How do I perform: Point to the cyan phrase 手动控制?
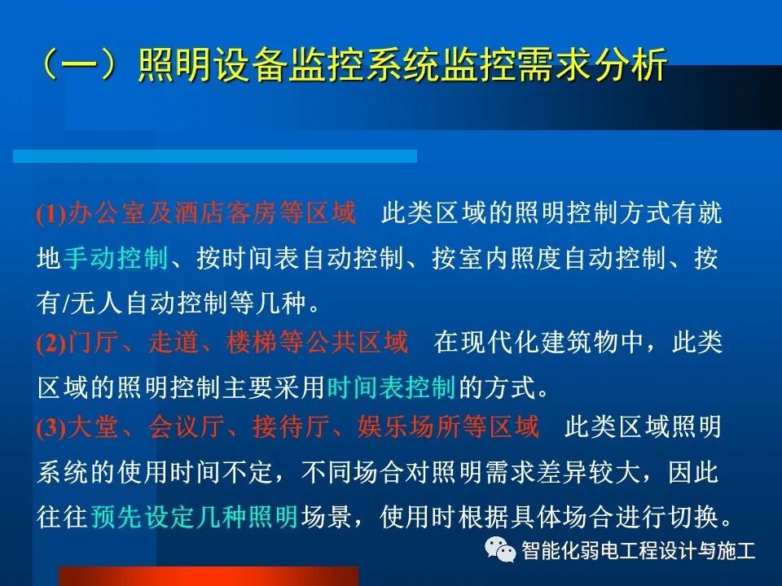pos(115,259)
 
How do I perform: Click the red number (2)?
pos(51,344)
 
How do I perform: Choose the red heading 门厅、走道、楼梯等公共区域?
pos(238,343)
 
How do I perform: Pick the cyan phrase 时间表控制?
pos(390,387)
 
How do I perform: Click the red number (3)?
pos(51,429)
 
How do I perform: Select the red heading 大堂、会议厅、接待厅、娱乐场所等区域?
pos(303,428)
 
